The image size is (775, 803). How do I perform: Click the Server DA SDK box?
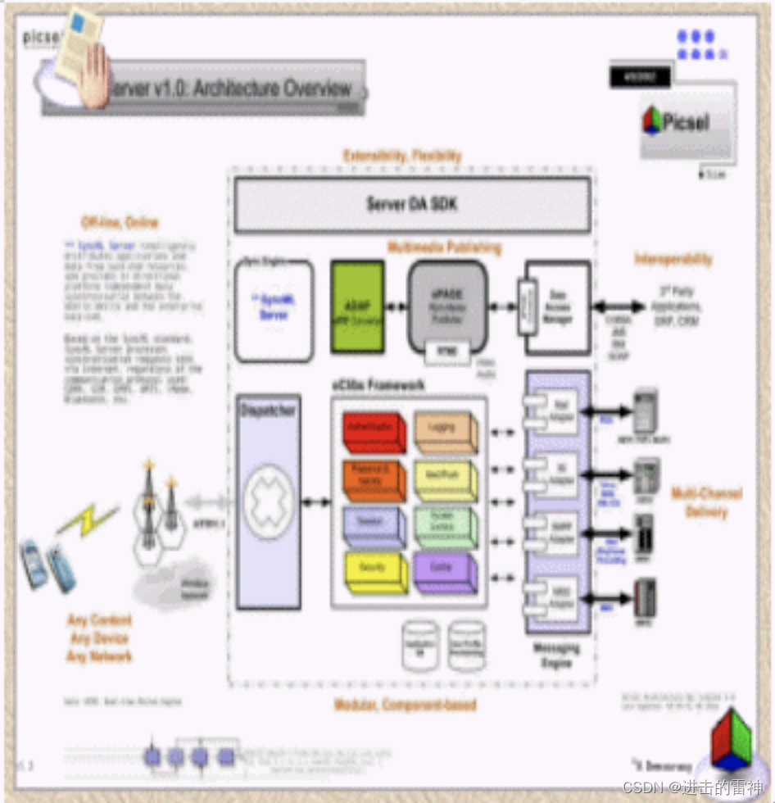click(411, 205)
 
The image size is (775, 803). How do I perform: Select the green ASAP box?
click(357, 307)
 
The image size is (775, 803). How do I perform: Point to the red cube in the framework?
click(374, 432)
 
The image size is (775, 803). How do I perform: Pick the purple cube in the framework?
click(444, 572)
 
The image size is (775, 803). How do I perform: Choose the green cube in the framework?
click(444, 526)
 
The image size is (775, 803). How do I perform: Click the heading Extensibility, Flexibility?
click(402, 156)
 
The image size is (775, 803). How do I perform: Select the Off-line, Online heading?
click(120, 222)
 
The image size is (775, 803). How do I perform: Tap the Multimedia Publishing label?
click(445, 247)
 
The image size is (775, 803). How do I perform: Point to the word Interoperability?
click(673, 260)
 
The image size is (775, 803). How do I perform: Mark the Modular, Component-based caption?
click(405, 705)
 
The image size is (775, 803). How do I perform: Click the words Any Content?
click(100, 620)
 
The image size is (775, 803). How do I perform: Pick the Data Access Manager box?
click(558, 307)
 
